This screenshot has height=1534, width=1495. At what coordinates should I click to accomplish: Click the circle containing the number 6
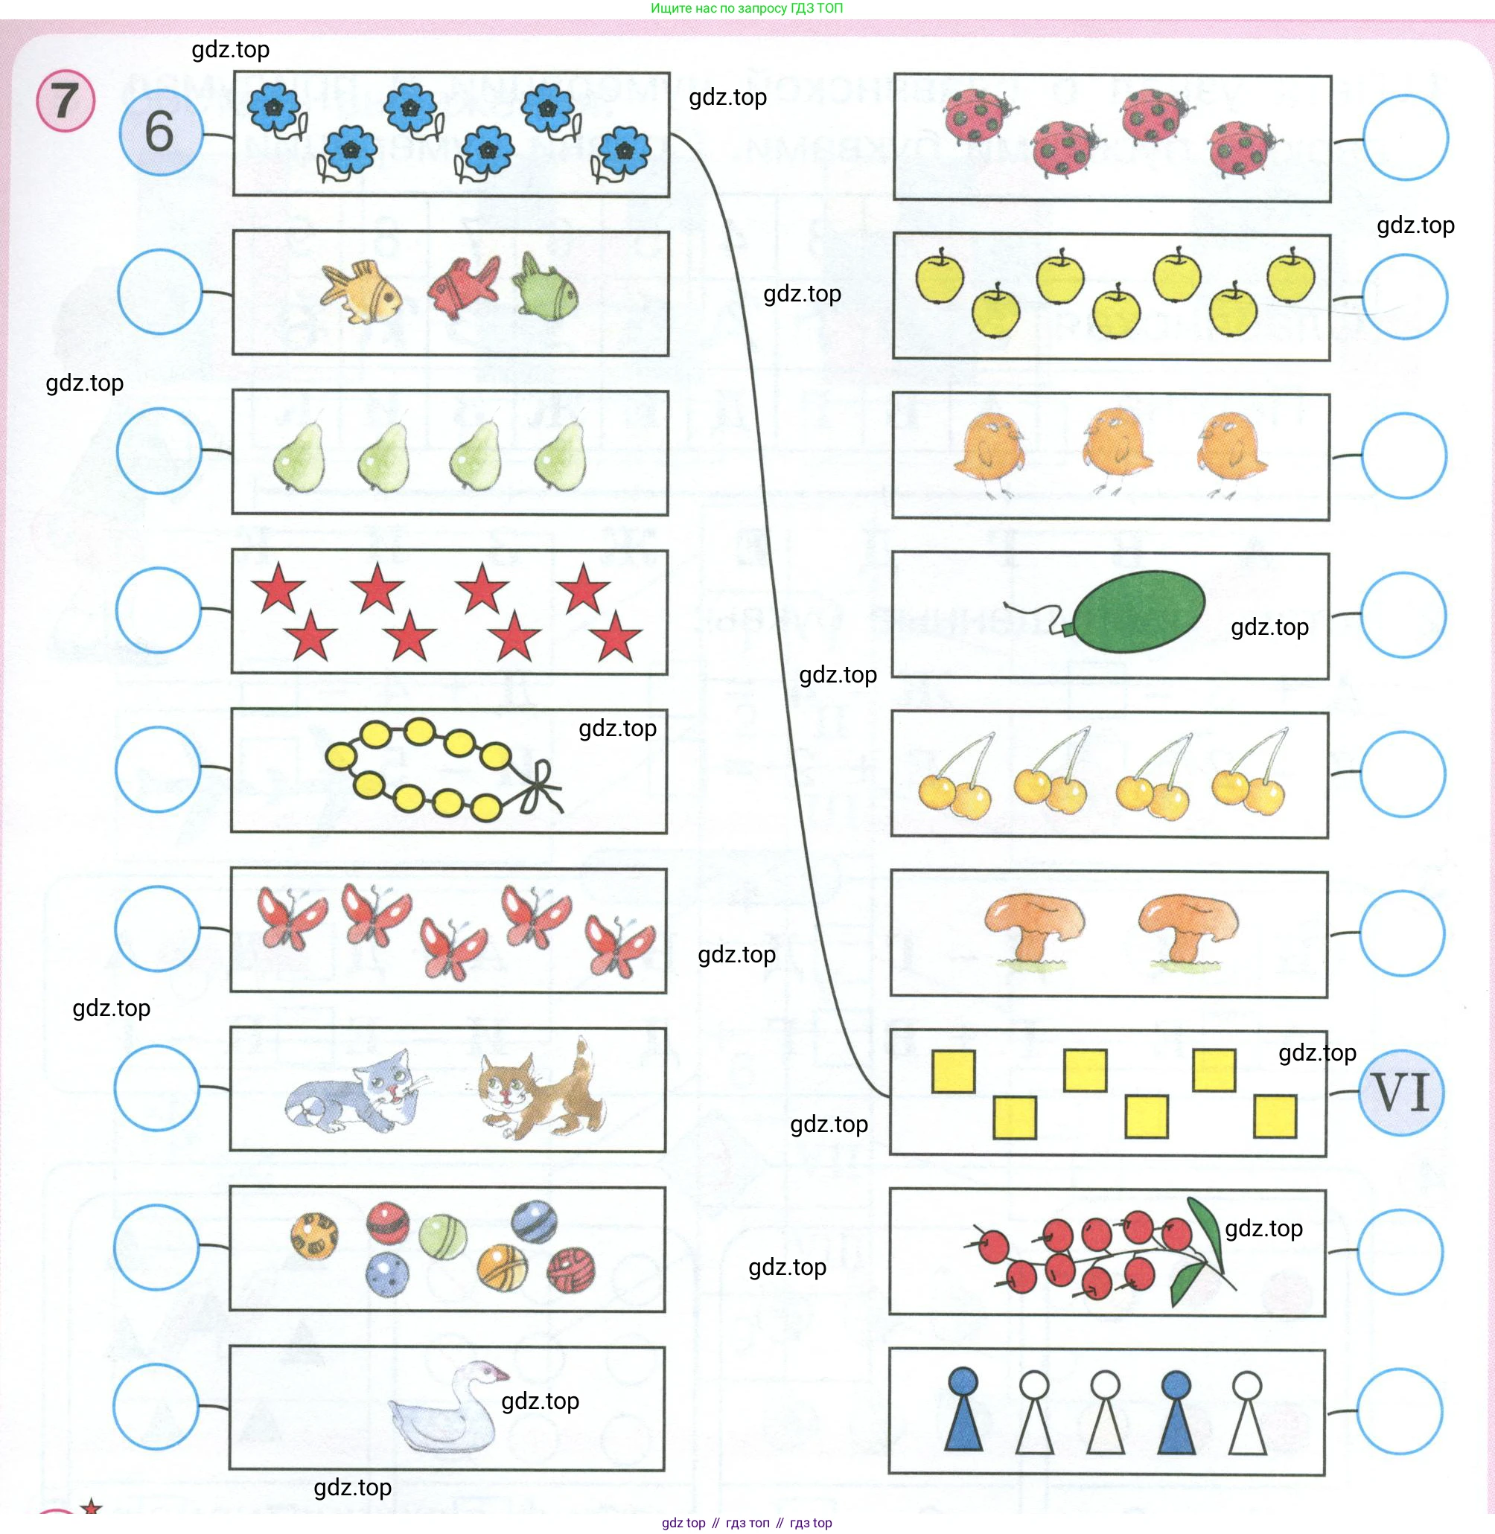pos(160,132)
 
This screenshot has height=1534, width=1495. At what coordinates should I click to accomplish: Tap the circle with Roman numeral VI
pos(1401,1092)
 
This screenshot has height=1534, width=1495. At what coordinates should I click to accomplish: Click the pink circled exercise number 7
pos(66,101)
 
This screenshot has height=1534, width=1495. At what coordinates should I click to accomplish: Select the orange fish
pos(363,292)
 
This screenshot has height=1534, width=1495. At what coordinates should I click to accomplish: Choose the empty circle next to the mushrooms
pos(1401,933)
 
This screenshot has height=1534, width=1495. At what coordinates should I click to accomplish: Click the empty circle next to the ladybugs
pos(1406,138)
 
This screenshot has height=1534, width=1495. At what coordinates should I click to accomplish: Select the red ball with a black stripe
pos(388,1221)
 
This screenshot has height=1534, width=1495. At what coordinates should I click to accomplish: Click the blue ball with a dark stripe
pos(534,1221)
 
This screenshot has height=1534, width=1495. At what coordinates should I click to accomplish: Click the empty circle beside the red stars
pos(158,610)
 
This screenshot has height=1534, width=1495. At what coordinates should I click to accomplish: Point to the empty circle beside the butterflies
pos(157,929)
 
